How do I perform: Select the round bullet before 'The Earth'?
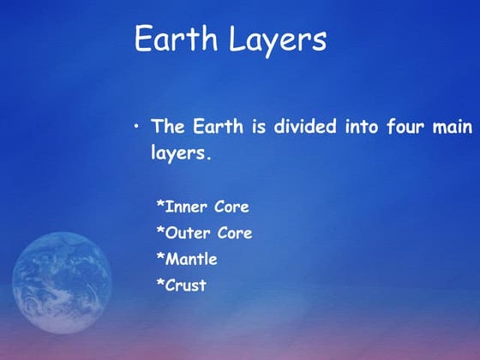(x=136, y=127)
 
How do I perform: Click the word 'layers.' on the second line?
(x=181, y=155)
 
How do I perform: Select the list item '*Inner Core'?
(x=202, y=207)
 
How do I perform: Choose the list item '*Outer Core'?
(x=204, y=233)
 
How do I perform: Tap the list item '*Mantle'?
(x=186, y=259)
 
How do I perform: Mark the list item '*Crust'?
(x=181, y=285)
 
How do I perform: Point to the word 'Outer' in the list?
(x=187, y=233)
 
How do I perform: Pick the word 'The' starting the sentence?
(x=168, y=127)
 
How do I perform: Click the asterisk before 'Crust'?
(x=160, y=284)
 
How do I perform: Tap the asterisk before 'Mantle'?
(x=160, y=257)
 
